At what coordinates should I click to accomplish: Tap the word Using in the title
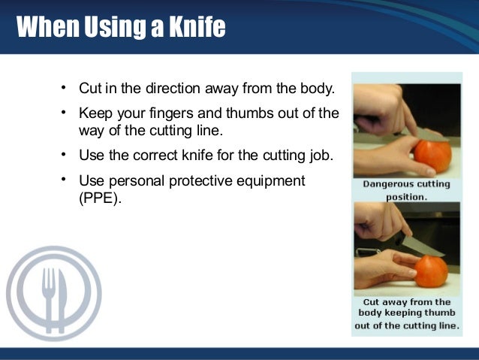104,29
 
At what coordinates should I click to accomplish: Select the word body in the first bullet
317,89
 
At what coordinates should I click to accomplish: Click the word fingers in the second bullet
161,113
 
